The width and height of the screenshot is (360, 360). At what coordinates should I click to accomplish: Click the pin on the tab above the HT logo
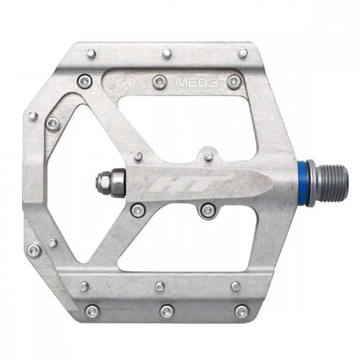tap(208, 153)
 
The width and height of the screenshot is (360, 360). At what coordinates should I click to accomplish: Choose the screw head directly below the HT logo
tap(207, 210)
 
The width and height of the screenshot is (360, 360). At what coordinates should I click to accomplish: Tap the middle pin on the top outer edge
tap(166, 53)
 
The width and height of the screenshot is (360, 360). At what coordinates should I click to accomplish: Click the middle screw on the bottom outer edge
tap(167, 311)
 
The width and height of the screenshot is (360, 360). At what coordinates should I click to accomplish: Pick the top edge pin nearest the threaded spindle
tap(243, 53)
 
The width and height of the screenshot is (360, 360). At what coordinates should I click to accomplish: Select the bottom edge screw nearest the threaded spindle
tap(242, 311)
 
